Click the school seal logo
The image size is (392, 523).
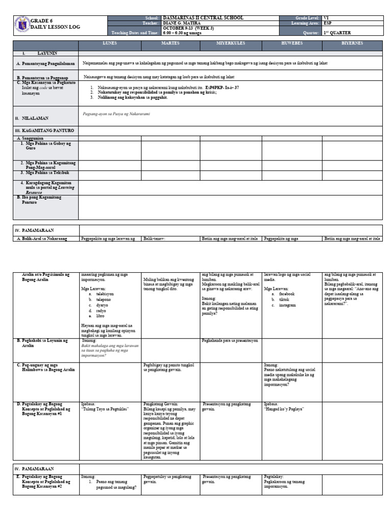coord(22,25)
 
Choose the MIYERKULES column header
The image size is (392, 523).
coord(231,44)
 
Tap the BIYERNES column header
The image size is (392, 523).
coord(352,44)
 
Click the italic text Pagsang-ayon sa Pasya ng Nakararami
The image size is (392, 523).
coord(116,113)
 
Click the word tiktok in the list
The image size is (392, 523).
coord(284,299)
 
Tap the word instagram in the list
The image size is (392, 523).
coord(287,305)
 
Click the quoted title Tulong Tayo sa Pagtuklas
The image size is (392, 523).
coord(106,409)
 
